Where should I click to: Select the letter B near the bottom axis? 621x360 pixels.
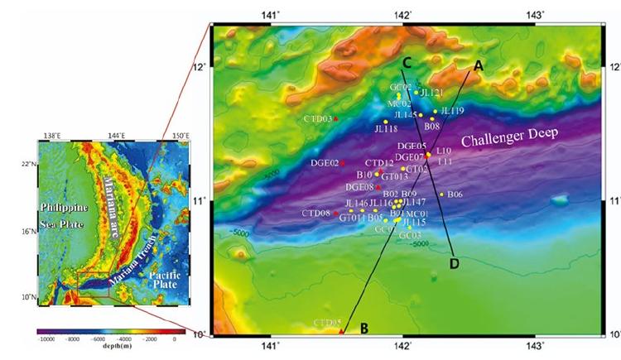[363, 329]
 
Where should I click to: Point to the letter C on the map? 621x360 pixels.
[407, 62]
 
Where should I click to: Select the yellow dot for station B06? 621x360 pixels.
[442, 194]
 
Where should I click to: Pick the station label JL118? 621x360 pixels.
[386, 129]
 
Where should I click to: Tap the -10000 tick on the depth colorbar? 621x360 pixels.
[46, 340]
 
